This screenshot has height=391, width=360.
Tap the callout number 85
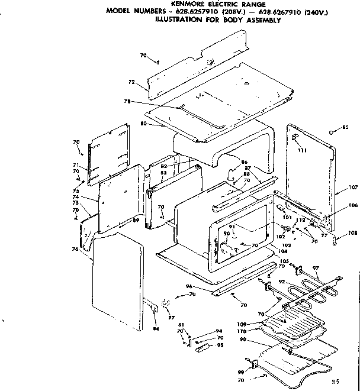coord(346,128)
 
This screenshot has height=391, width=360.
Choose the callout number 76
coord(75,249)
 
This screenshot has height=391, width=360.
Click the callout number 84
coord(156,328)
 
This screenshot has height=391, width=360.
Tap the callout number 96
coord(206,287)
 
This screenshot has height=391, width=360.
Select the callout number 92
coord(282,282)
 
